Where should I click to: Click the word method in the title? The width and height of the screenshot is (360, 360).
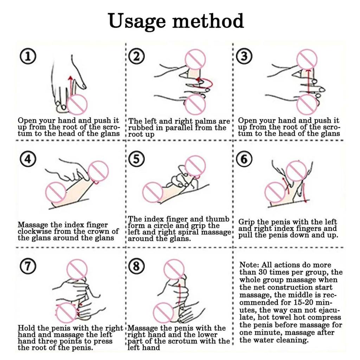pyautogui.click(x=208, y=21)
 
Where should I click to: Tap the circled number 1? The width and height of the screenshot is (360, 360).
pyautogui.click(x=28, y=57)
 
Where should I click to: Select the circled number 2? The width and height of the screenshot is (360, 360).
pyautogui.click(x=136, y=57)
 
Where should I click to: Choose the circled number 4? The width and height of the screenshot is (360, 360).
pyautogui.click(x=28, y=159)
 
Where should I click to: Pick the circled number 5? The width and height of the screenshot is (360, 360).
pyautogui.click(x=136, y=159)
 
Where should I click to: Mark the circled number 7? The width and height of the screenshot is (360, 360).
pyautogui.click(x=28, y=266)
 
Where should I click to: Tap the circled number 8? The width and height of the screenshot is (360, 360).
pyautogui.click(x=136, y=266)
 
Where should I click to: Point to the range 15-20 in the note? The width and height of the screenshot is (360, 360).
pyautogui.click(x=307, y=303)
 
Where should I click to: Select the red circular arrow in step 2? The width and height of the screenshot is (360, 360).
pyautogui.click(x=203, y=83)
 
